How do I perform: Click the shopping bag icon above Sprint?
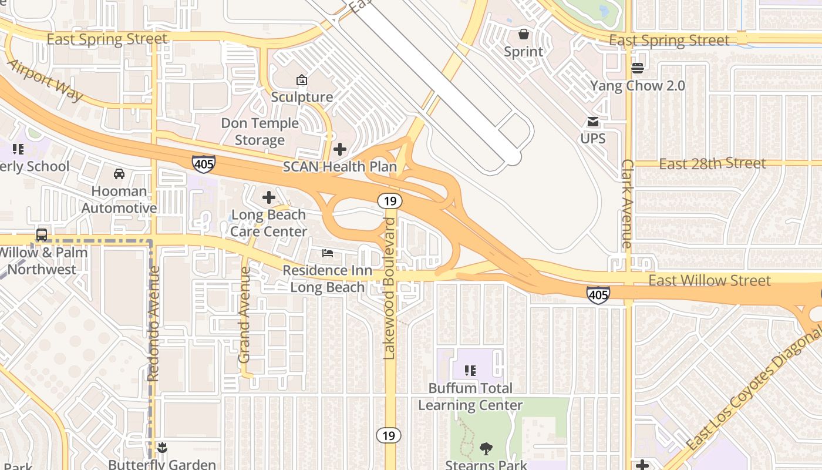(x=523, y=34)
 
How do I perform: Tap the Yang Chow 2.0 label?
(x=637, y=86)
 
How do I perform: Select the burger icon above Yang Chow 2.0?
(x=637, y=68)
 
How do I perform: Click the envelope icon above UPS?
(x=592, y=122)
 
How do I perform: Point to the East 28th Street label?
(x=712, y=163)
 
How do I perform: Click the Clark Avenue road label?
(x=627, y=203)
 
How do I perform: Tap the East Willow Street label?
(x=709, y=280)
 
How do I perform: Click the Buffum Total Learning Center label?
(x=470, y=397)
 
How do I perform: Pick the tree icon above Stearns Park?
(x=486, y=449)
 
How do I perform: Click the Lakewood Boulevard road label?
(x=389, y=288)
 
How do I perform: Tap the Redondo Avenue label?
(x=154, y=323)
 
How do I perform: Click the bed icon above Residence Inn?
(x=328, y=254)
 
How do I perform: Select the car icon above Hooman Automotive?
(x=119, y=174)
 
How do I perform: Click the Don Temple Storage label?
(x=260, y=132)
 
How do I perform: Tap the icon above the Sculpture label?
(x=302, y=80)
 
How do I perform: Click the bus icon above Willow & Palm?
(x=42, y=235)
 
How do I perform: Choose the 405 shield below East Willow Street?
(x=598, y=295)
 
